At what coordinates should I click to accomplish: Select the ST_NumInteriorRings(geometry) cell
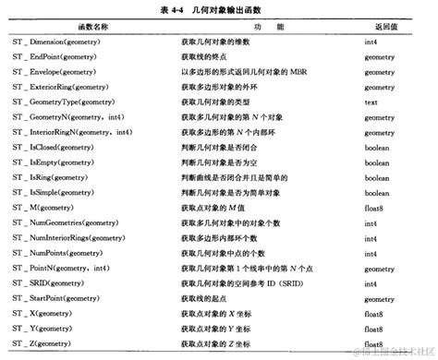pyautogui.click(x=76, y=238)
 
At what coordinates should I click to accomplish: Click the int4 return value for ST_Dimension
pyautogui.click(x=371, y=43)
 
